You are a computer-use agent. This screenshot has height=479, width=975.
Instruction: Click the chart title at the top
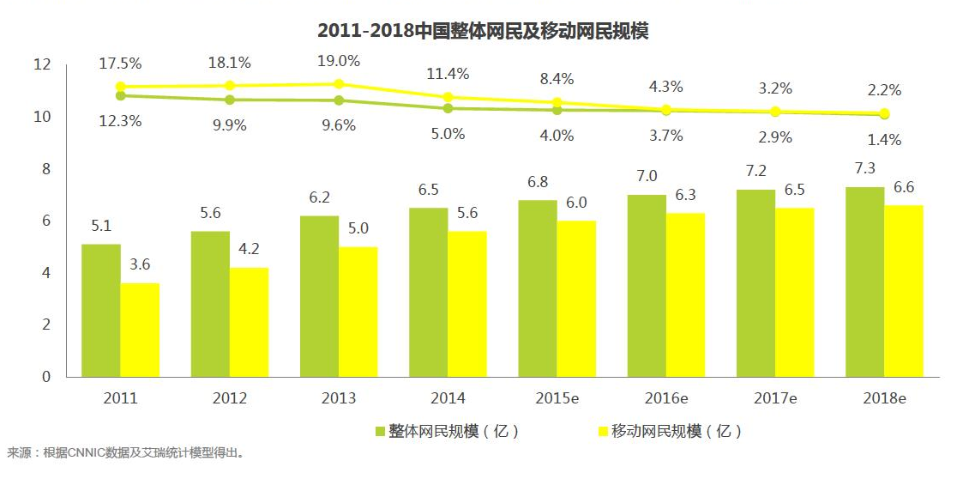[482, 32]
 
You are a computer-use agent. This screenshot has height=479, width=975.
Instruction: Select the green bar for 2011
[101, 310]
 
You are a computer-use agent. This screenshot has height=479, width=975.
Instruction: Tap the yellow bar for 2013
[358, 312]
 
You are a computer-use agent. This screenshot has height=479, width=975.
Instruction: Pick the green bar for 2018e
[864, 282]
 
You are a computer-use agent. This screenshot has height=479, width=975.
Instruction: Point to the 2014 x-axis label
[448, 398]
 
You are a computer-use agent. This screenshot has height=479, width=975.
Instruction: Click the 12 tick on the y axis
[42, 64]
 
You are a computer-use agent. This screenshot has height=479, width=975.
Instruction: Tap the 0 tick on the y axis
[46, 376]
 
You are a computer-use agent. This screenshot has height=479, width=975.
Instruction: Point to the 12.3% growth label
[120, 121]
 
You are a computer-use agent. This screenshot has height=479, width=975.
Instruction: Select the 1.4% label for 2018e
[884, 139]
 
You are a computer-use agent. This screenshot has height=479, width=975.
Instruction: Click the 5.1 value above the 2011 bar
[101, 227]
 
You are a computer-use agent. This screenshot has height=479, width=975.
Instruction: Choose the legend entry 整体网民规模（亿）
[447, 431]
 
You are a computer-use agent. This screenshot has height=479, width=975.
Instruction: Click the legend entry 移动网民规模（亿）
[669, 431]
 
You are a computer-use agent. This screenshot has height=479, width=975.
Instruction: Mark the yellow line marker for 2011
[121, 87]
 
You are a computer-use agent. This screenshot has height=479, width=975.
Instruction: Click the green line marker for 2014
[448, 108]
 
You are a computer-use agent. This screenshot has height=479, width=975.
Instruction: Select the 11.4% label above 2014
[448, 74]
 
